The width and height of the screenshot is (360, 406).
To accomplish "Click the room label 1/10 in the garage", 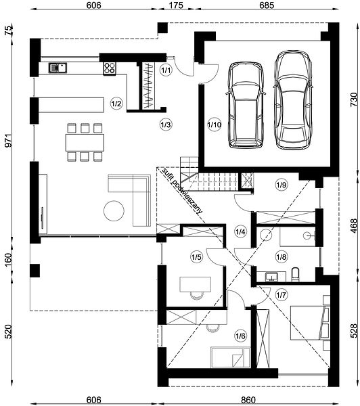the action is pos(215,125).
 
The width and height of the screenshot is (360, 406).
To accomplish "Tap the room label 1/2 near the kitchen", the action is pos(116,104).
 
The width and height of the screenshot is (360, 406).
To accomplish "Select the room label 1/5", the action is pos(196,257).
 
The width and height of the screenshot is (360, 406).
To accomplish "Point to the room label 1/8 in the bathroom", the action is pos(282,257).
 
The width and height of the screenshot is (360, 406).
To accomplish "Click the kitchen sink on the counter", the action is pos(58,68).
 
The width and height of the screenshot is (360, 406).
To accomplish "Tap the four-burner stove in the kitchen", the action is pos(110,68).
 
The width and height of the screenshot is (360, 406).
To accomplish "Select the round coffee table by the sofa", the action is pos(114,210).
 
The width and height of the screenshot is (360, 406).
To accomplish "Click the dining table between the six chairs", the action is pos(85,142).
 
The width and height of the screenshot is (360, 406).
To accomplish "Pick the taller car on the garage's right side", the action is pos(293,100).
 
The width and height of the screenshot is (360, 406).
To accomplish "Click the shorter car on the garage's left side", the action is pos(246,105).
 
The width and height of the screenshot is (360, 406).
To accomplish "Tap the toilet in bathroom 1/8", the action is pos(295,275).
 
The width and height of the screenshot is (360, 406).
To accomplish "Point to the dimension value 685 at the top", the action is pos(267,5).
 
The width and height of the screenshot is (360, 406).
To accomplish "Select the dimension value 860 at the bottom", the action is pos(248,400).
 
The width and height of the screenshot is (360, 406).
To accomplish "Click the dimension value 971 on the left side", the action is pos(8,141).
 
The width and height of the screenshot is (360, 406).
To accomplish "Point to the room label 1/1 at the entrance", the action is pos(166,70).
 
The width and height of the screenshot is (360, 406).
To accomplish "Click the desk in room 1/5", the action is pos(196,285).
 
